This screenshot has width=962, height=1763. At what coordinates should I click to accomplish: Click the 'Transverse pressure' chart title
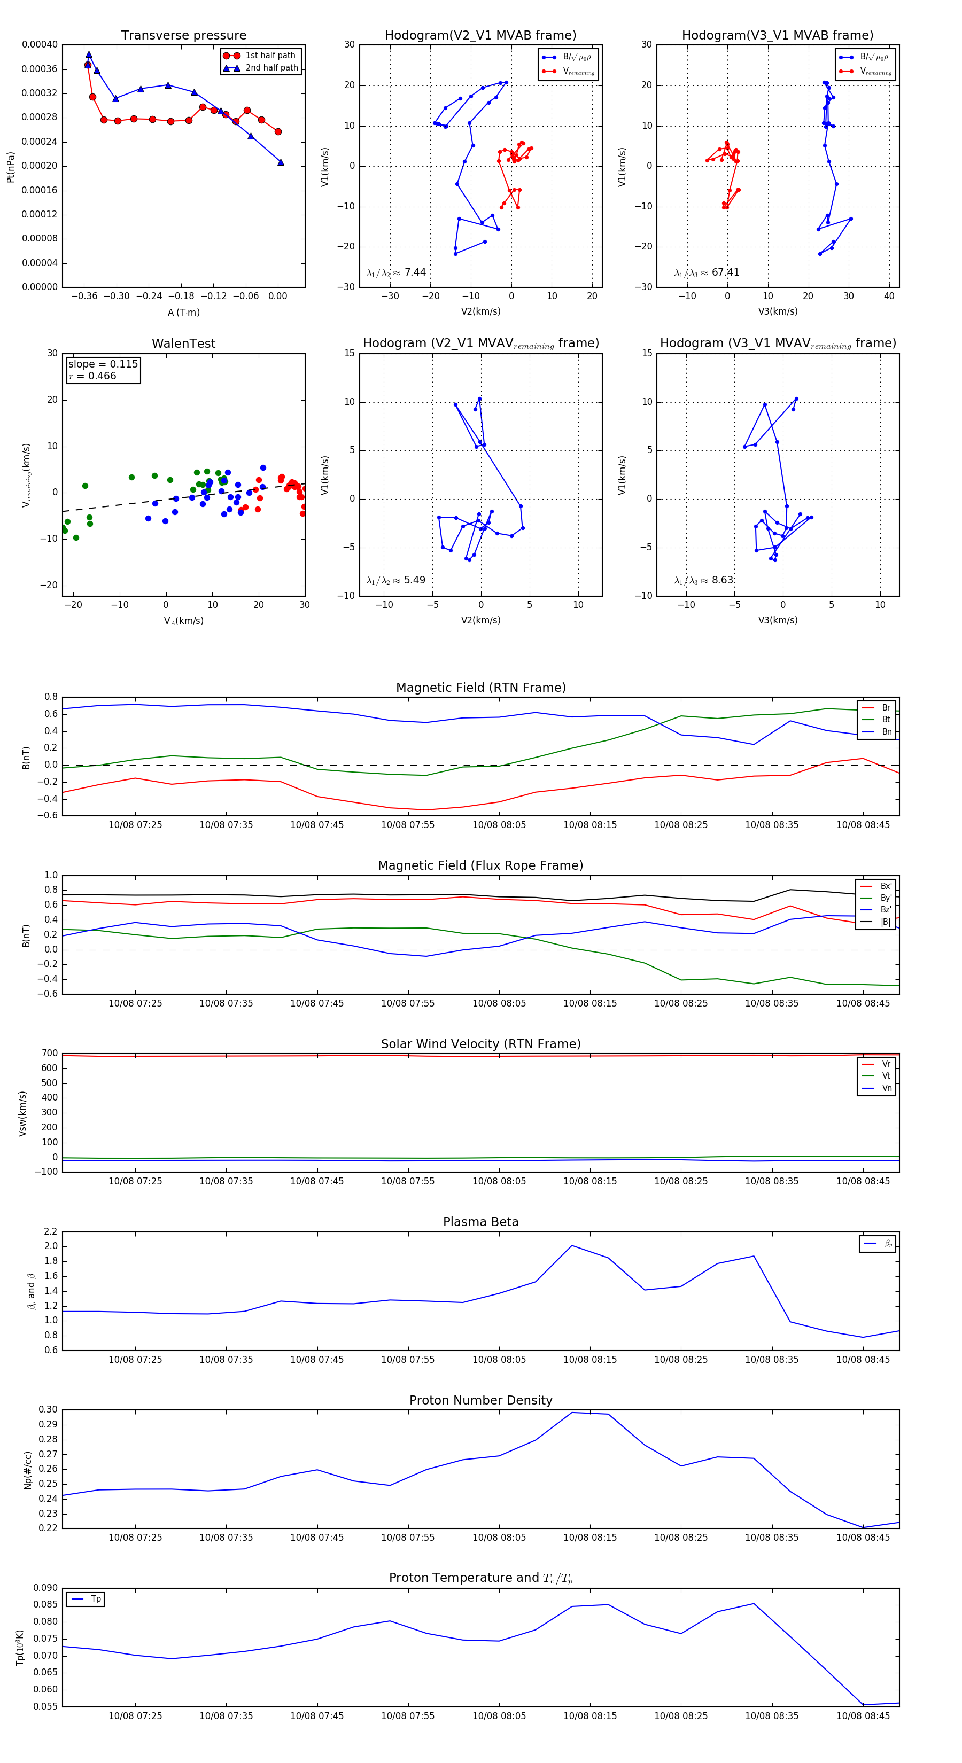click(183, 36)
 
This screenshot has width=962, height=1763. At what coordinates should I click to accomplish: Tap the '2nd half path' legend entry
click(271, 68)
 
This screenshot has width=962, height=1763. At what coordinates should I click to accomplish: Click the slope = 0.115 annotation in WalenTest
click(103, 364)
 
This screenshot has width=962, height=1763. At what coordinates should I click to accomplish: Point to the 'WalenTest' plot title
click(183, 344)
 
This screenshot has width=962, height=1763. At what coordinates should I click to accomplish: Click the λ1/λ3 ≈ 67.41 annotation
click(707, 272)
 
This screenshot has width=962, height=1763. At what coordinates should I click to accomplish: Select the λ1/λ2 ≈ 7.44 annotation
click(397, 272)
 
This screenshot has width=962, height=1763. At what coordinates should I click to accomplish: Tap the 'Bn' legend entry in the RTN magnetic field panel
click(886, 731)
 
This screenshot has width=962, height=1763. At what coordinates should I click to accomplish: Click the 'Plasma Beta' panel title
click(480, 1222)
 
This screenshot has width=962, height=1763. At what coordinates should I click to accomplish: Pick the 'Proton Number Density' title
click(480, 1400)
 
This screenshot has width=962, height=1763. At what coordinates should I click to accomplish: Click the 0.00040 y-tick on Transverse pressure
click(40, 44)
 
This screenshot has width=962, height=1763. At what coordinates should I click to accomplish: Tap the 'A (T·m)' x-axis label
click(183, 312)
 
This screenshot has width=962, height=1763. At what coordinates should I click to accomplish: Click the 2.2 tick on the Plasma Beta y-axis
click(51, 1231)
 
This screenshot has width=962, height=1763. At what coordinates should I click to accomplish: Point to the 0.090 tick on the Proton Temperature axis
click(45, 1588)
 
